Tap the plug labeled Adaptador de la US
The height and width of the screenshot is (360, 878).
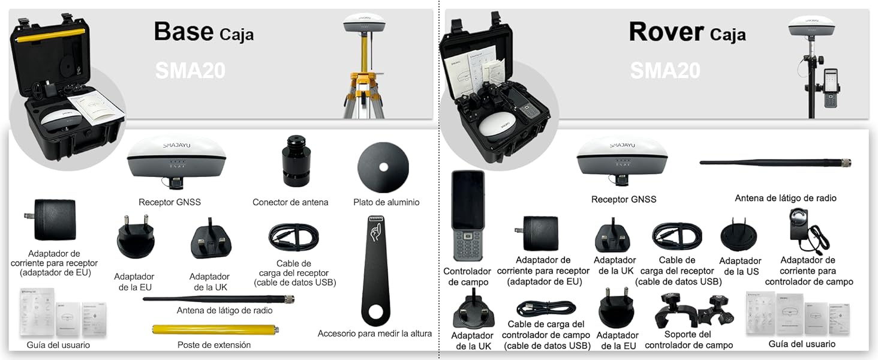(x=738, y=238)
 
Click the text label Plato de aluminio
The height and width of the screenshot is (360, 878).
(x=386, y=202)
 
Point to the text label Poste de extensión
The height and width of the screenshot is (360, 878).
(x=214, y=345)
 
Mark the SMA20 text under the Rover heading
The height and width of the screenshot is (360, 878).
(x=664, y=71)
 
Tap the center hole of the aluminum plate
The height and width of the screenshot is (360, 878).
(x=383, y=167)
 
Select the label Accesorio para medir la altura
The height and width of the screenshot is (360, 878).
(x=374, y=334)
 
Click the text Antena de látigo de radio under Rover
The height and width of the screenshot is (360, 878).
(x=785, y=198)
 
